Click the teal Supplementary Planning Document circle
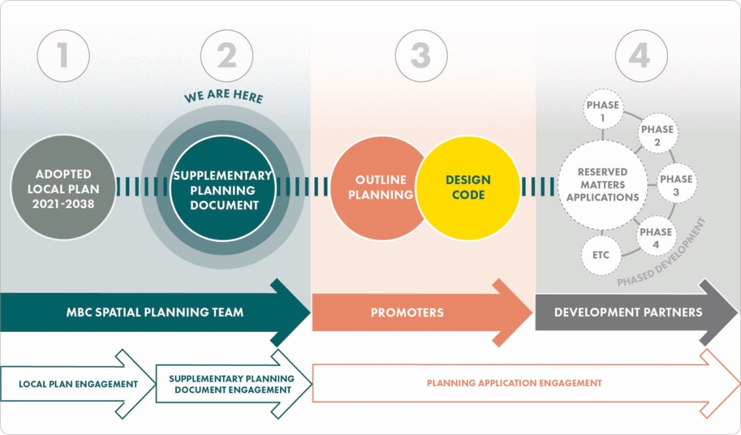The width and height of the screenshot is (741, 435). pyautogui.click(x=221, y=190)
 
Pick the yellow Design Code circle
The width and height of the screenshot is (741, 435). pyautogui.click(x=468, y=187)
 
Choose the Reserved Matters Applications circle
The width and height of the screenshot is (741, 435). pyautogui.click(x=602, y=185)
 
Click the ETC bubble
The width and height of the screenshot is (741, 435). pyautogui.click(x=600, y=255)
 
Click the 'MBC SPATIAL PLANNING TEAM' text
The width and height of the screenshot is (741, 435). pyautogui.click(x=155, y=312)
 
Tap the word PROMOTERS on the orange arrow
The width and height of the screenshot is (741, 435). pyautogui.click(x=407, y=313)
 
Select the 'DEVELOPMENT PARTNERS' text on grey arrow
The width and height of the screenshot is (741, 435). pyautogui.click(x=628, y=312)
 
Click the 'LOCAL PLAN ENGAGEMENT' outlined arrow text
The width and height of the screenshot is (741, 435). pyautogui.click(x=78, y=384)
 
